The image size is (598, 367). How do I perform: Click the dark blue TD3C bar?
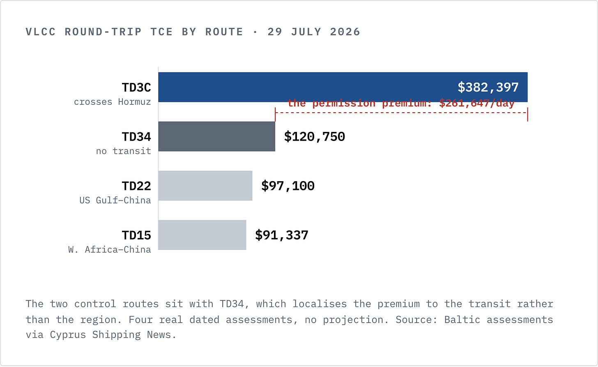pos(343,87)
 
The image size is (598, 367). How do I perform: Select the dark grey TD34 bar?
pos(216,136)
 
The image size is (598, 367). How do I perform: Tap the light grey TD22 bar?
pos(205,186)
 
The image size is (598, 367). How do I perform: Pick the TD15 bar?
pos(202,235)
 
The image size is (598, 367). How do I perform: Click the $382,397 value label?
pos(488,88)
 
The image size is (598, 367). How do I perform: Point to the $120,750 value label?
pos(315,137)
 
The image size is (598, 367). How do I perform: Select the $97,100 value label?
pos(288,186)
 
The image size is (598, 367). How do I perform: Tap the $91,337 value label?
pos(282,235)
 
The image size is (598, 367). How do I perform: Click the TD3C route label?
pos(136,88)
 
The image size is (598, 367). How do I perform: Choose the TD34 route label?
pos(136,137)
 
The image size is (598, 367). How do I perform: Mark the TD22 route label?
pos(136,186)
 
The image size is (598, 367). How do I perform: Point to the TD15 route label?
pos(136,235)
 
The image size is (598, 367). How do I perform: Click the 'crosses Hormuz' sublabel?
pos(113,102)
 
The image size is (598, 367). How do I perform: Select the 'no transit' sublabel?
pos(124,151)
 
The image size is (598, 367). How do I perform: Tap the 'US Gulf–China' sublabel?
pos(115,200)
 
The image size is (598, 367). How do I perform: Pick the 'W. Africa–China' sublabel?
pos(110,249)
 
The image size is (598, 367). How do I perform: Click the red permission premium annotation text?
pos(401,104)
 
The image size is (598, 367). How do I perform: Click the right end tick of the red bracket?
pos(527,114)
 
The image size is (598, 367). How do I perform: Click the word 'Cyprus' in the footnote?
pos(68,335)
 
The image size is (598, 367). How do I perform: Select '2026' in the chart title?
pos(345,32)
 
